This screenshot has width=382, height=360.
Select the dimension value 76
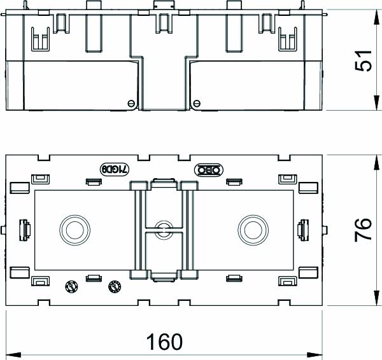point(362,228)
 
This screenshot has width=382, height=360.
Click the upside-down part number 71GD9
point(115,169)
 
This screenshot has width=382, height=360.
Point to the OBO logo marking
point(209,169)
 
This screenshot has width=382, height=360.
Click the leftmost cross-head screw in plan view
point(72,286)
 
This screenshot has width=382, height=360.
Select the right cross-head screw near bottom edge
point(115,286)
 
